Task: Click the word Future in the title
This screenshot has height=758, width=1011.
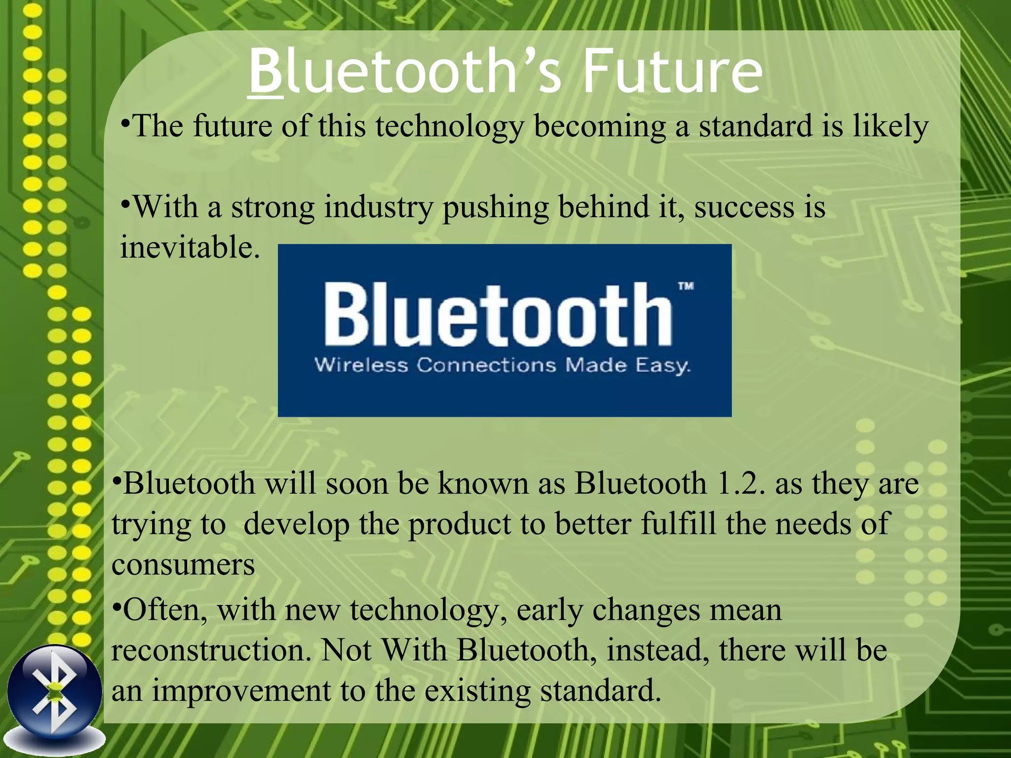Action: click(x=672, y=72)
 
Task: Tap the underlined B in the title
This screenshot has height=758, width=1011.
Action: click(x=266, y=72)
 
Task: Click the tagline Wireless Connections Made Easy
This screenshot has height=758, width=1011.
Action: click(x=502, y=366)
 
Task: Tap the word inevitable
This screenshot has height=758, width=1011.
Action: click(x=190, y=247)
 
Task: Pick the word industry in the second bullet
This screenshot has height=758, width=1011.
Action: click(x=378, y=207)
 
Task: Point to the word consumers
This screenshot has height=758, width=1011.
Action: click(x=183, y=565)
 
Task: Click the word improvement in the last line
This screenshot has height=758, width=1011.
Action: click(x=241, y=691)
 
